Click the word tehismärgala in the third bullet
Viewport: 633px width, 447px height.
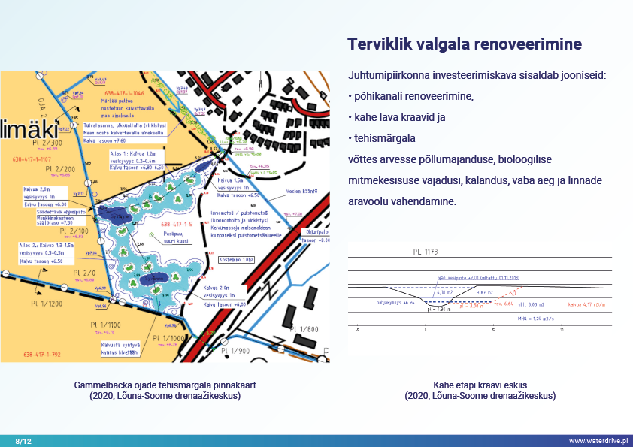tap(384, 139)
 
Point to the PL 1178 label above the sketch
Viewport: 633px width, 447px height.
tap(425, 252)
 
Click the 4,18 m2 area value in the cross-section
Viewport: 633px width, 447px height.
tap(444, 292)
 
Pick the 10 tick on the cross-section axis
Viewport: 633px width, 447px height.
tap(562, 329)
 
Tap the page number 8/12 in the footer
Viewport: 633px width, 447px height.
tap(24, 439)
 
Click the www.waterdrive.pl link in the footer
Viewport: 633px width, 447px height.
tap(598, 439)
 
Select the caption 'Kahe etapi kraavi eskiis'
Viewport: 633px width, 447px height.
tap(480, 385)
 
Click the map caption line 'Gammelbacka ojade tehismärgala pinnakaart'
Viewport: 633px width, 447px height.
tap(165, 385)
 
